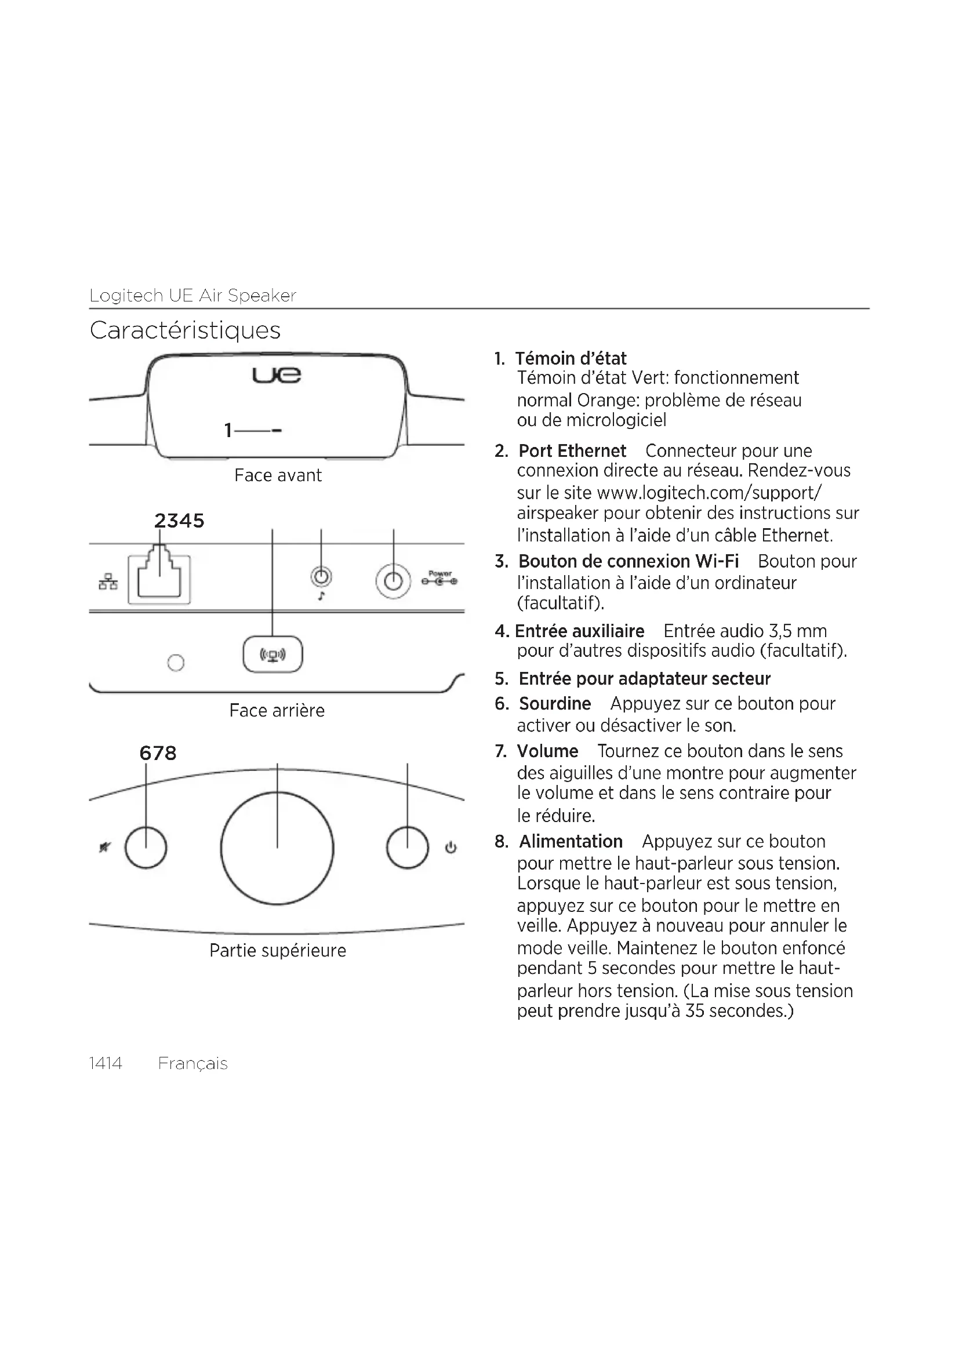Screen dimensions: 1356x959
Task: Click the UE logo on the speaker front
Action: (277, 375)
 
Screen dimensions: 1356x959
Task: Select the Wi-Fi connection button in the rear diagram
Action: (273, 655)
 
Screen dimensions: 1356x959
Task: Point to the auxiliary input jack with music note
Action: (321, 576)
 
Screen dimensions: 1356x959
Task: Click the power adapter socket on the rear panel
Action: (393, 581)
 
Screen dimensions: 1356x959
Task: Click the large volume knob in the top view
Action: (277, 848)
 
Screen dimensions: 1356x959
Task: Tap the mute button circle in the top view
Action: (146, 848)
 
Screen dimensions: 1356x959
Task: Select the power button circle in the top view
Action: (407, 848)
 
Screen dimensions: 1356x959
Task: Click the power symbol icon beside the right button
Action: (451, 848)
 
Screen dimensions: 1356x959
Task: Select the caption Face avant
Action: (278, 475)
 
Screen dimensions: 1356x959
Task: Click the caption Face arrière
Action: (277, 711)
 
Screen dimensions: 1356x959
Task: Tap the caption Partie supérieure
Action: (278, 950)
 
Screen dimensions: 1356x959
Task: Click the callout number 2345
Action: (179, 520)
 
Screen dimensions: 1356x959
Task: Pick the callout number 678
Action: (158, 753)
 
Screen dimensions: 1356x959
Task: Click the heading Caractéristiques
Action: (185, 330)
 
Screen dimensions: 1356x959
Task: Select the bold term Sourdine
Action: (554, 703)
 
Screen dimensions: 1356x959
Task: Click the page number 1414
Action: (106, 1063)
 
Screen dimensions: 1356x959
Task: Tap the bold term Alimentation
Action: (571, 841)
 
